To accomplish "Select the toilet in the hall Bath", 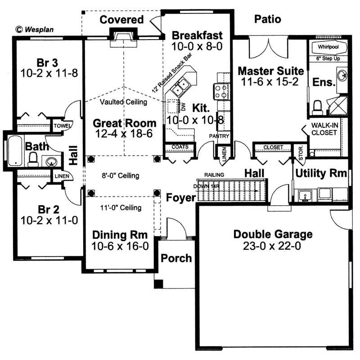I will pyautogui.click(x=33, y=159).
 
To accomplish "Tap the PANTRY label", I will pyautogui.click(x=220, y=136).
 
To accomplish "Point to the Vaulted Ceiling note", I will pyautogui.click(x=124, y=102).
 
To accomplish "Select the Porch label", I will pyautogui.click(x=176, y=258).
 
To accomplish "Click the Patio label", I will pyautogui.click(x=267, y=19).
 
